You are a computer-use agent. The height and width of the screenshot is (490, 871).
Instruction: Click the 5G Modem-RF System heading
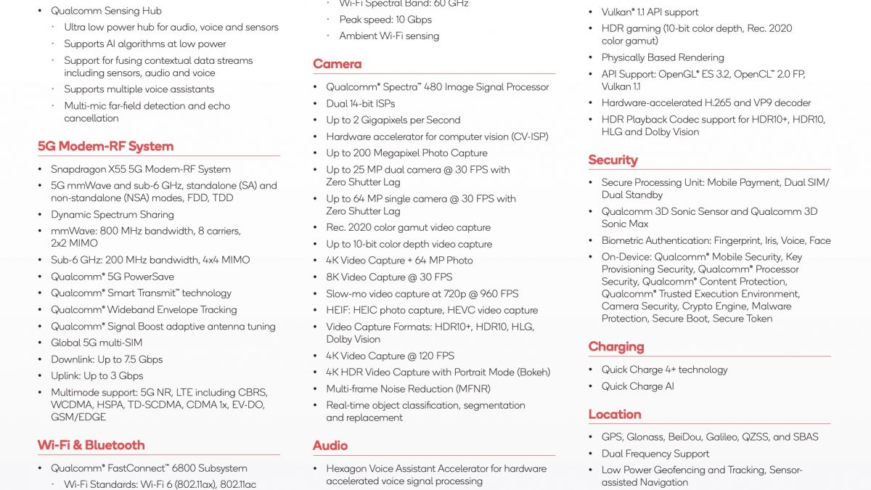[x=105, y=146]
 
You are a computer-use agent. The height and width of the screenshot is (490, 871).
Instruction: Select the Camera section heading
[x=337, y=64]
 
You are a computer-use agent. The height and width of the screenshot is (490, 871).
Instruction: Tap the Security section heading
[x=613, y=160]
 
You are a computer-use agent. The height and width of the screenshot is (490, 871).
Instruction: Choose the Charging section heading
[x=616, y=346]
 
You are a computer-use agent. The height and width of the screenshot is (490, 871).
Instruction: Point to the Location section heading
[x=614, y=414]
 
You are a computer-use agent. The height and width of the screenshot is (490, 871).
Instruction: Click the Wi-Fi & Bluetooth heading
[x=91, y=445]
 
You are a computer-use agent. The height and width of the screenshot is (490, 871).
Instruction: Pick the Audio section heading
[x=330, y=445]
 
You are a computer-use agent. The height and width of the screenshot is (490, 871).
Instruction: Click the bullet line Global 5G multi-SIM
[x=97, y=343]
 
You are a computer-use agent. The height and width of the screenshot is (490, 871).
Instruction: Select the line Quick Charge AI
[x=637, y=386]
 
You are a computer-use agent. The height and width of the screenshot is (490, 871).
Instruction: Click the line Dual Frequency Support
[x=655, y=454]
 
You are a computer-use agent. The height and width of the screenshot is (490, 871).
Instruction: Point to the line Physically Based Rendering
[x=662, y=57]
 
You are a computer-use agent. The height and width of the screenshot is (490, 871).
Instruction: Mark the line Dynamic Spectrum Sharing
[x=112, y=214]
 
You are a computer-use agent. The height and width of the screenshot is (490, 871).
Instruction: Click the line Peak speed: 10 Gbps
[x=385, y=20]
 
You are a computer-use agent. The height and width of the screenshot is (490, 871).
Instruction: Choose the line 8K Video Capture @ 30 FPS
[x=389, y=277]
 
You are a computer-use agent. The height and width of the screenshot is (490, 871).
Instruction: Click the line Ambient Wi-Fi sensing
[x=389, y=36]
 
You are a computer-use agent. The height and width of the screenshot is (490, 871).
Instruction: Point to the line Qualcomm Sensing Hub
[x=106, y=11]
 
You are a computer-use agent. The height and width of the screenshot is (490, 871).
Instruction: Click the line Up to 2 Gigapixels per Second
[x=393, y=120]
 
